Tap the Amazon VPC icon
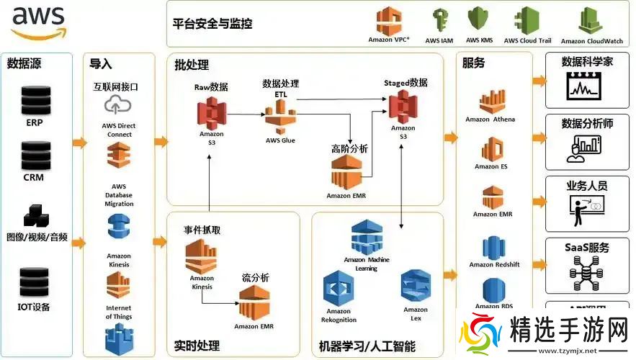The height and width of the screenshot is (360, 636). [389, 21]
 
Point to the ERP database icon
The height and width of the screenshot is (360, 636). [33, 99]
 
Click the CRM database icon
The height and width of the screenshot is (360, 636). [33, 154]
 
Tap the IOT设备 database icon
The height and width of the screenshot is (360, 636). [33, 282]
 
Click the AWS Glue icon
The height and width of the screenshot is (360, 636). [280, 118]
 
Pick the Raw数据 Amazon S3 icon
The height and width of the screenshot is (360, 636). [211, 112]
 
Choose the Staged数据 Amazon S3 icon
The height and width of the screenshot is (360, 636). [403, 107]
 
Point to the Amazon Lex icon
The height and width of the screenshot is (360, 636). [416, 286]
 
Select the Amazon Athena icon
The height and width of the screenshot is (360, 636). [491, 101]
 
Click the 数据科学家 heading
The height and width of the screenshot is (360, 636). [587, 62]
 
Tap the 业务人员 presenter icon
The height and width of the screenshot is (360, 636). [587, 209]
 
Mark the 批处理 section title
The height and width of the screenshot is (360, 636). [192, 65]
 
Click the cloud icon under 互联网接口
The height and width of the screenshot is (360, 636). [116, 105]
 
